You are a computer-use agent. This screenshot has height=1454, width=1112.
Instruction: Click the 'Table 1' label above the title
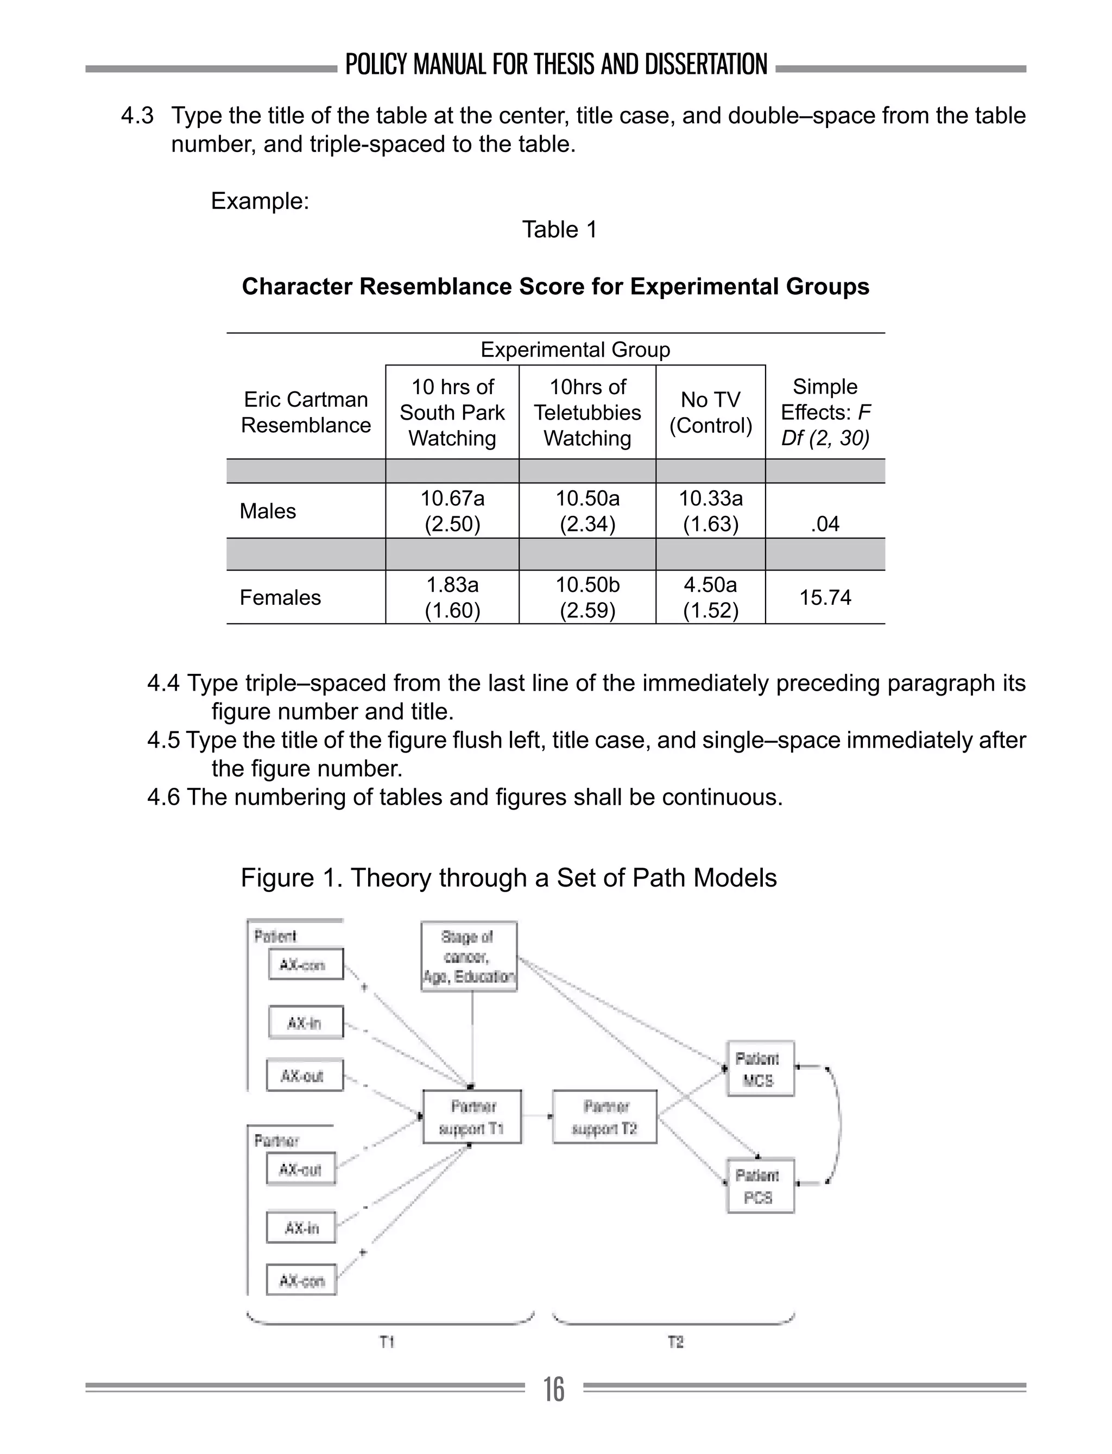[x=559, y=230]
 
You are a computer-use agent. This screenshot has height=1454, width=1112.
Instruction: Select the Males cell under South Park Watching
[x=452, y=510]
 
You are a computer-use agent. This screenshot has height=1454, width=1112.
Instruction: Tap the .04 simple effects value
[x=825, y=523]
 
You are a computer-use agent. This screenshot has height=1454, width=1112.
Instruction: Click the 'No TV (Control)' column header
[x=710, y=412]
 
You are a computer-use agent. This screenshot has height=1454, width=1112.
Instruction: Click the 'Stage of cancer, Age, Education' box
[x=469, y=956]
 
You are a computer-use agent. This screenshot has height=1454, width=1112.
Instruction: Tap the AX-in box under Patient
[x=306, y=1022]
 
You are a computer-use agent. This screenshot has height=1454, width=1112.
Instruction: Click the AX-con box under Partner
[x=301, y=1280]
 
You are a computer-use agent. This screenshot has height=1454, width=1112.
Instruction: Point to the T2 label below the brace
[x=675, y=1342]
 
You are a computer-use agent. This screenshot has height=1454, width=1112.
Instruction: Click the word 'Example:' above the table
[x=260, y=200]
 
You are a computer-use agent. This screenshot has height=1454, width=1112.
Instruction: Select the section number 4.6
[x=163, y=797]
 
